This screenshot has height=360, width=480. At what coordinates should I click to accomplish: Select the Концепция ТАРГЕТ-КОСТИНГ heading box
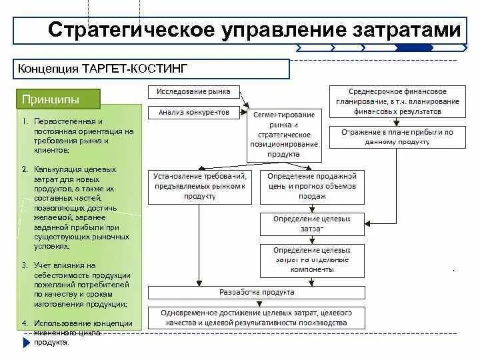click(152, 69)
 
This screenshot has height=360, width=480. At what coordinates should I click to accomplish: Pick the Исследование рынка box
click(193, 91)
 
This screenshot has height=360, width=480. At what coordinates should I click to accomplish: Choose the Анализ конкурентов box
click(193, 113)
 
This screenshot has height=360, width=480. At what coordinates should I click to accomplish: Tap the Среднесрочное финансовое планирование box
click(397, 101)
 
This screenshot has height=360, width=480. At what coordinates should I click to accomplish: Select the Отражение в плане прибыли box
click(397, 137)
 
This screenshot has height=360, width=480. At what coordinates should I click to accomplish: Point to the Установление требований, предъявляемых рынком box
click(199, 186)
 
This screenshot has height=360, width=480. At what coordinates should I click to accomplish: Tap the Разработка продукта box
click(257, 292)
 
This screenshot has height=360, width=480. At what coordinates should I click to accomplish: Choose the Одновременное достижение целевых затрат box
click(257, 317)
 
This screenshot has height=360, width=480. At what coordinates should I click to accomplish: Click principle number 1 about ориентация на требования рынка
click(76, 136)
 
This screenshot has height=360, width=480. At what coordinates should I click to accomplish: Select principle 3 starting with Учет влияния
click(76, 284)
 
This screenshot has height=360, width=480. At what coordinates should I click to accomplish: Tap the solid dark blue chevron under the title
click(405, 47)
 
